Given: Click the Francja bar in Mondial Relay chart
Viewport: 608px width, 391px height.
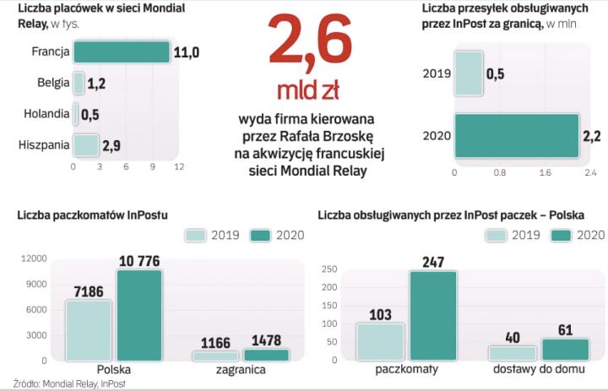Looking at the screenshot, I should (121, 52).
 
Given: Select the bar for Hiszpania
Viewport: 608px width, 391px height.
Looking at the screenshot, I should (86, 145).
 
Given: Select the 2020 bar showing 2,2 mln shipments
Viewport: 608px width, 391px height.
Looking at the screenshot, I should (516, 135).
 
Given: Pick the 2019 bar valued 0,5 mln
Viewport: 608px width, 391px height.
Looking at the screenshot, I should (469, 73).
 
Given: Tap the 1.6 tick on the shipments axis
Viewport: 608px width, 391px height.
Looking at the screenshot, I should (544, 173).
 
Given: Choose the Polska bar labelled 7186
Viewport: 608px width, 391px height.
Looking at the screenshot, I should (89, 330).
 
